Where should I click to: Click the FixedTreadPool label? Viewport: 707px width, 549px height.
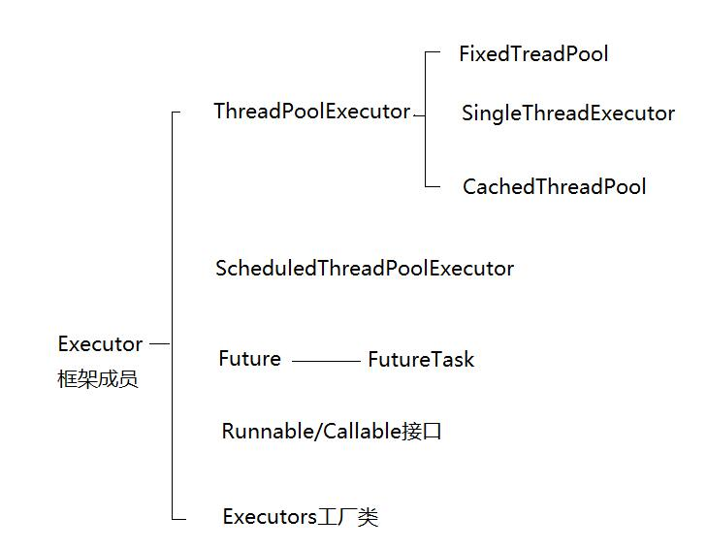tap(533, 54)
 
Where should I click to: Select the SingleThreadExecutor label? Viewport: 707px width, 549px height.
tap(567, 113)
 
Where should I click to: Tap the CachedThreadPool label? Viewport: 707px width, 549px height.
tap(554, 187)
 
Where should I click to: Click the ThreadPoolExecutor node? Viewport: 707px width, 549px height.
tap(311, 112)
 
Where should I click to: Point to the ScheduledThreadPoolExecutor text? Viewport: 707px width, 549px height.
tap(364, 269)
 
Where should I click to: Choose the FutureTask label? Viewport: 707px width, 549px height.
tap(421, 360)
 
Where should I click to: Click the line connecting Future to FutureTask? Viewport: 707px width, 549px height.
tap(325, 361)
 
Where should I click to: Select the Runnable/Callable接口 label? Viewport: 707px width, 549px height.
tap(332, 432)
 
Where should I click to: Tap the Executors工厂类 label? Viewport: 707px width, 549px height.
tap(300, 517)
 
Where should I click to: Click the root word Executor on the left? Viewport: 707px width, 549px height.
tap(100, 344)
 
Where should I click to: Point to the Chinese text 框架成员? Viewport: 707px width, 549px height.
tap(98, 379)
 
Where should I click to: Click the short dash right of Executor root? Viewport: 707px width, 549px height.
tap(159, 343)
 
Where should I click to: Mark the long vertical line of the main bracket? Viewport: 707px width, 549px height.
tap(172, 291)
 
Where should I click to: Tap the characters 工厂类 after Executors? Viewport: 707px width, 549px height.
tap(348, 517)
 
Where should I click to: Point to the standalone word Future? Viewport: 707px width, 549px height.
tap(249, 359)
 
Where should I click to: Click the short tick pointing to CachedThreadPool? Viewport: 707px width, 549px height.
tap(433, 187)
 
